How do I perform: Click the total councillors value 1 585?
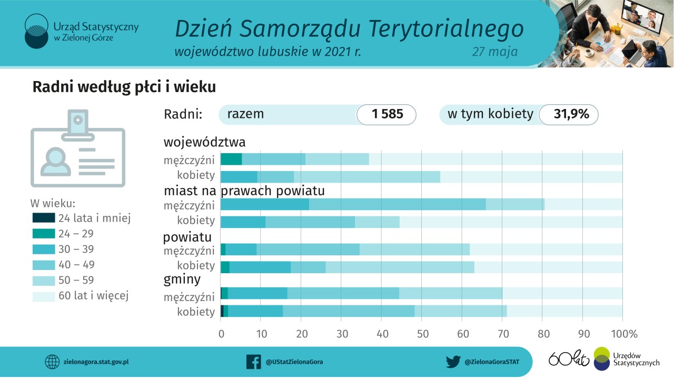387,114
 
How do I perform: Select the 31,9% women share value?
571,114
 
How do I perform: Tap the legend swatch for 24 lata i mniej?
44,218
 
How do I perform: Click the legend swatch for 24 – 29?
44,234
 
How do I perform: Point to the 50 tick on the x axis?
421,334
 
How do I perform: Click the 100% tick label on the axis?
622,334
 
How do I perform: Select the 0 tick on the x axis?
221,334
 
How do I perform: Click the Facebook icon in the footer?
254,362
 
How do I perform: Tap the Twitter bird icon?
453,362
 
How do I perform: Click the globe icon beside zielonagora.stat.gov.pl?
52,362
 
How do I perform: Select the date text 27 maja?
494,52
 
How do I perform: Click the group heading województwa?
204,142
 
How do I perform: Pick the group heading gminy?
182,278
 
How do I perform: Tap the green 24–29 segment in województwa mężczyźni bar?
231,159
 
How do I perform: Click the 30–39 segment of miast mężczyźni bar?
265,204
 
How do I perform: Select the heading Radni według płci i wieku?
124,87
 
